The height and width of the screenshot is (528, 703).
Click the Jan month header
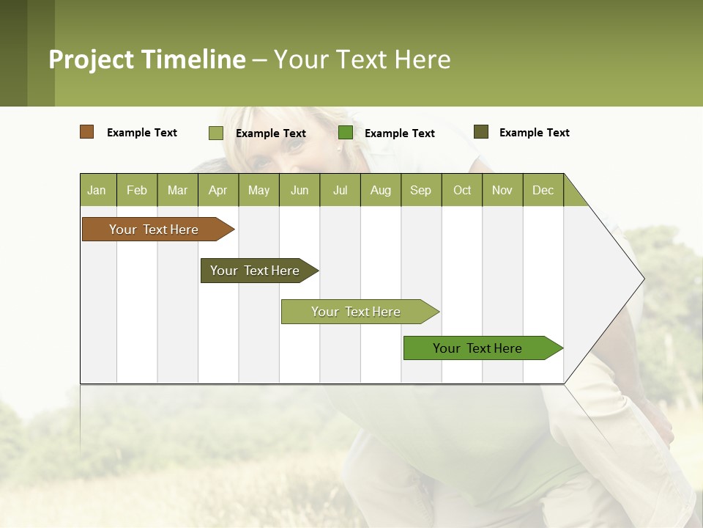(x=97, y=190)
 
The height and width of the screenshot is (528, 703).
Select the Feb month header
(x=137, y=190)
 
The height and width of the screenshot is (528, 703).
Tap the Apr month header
(x=217, y=190)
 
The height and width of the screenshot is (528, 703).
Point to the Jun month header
(x=300, y=190)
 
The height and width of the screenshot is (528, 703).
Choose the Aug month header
(x=380, y=190)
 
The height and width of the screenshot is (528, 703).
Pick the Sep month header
(x=420, y=190)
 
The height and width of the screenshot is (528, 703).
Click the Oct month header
(x=462, y=190)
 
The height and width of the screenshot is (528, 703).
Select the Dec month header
(x=543, y=190)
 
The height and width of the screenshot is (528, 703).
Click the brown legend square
(x=87, y=132)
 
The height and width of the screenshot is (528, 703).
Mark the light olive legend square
(x=216, y=133)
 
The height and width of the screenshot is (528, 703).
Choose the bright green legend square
(x=346, y=133)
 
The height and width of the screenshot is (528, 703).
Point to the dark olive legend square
(x=481, y=132)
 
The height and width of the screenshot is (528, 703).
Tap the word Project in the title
(x=92, y=59)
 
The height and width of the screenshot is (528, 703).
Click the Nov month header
(x=502, y=190)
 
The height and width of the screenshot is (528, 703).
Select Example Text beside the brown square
(x=142, y=133)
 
